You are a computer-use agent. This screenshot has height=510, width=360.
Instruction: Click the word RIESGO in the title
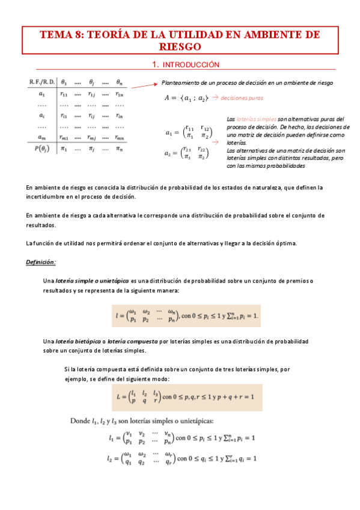click(x=180, y=46)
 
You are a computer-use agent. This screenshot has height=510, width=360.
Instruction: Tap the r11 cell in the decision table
click(x=64, y=94)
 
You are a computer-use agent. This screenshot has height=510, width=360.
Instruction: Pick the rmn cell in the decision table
click(x=120, y=138)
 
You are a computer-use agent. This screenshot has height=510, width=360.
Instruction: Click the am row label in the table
click(x=41, y=138)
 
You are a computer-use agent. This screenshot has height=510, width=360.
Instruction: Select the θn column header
click(x=120, y=82)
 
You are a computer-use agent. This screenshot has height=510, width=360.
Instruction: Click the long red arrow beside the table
click(x=144, y=85)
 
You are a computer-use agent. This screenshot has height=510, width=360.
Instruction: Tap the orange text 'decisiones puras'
click(x=241, y=97)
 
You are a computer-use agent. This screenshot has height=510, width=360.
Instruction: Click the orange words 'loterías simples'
click(x=253, y=120)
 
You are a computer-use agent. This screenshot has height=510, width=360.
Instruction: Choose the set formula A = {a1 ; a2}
click(x=187, y=97)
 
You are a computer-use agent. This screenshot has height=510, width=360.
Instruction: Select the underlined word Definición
click(x=41, y=262)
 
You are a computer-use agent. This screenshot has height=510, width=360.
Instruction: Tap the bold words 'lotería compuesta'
click(x=133, y=342)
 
